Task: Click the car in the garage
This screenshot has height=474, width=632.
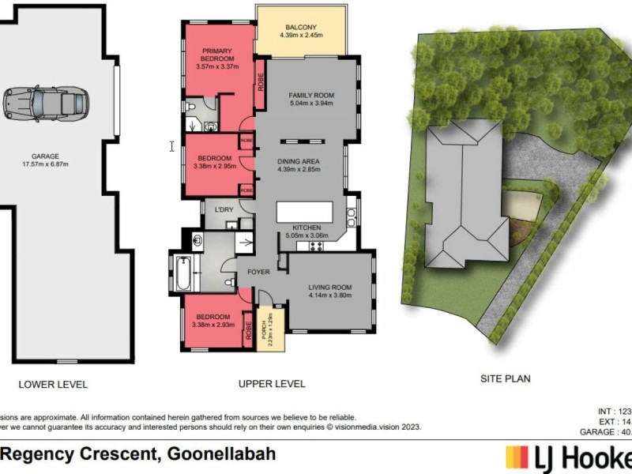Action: pos(45,102)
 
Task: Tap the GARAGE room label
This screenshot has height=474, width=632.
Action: pos(57,156)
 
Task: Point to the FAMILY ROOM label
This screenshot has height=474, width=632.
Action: pos(311,95)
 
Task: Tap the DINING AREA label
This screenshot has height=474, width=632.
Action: pos(299,163)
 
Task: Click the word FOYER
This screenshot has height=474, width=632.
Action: pos(259,271)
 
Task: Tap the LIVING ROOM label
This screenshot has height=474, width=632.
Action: pos(329,287)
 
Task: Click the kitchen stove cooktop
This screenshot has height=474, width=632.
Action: pos(318,246)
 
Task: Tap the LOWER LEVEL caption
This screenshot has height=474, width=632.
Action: pos(53,385)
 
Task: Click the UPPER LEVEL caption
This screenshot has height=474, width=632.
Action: pos(272,384)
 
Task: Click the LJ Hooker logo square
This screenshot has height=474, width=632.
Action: pos(517,458)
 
